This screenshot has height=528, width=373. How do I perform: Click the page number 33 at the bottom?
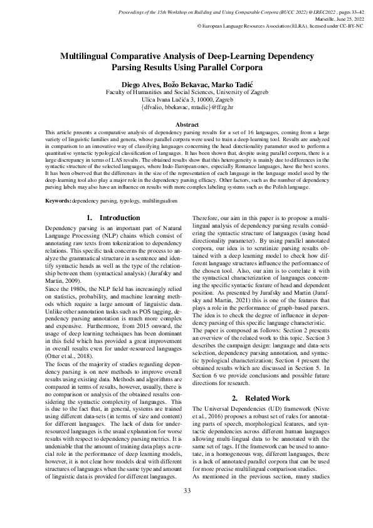[186, 508]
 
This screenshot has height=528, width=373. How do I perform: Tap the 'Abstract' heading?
[186, 125]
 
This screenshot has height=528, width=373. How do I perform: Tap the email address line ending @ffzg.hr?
[187, 107]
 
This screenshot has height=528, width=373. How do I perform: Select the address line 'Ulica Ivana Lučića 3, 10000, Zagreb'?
[187, 98]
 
